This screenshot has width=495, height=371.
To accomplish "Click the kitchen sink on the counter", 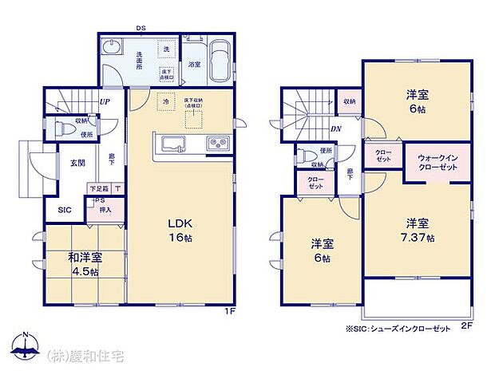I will tap(175, 144).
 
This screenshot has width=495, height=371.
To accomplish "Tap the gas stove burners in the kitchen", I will tap(217, 144).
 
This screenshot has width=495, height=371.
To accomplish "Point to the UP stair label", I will tap(104, 102).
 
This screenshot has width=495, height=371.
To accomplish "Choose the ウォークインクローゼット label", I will tap(437, 163).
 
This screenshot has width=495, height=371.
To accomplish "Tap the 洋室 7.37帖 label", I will tap(418, 231).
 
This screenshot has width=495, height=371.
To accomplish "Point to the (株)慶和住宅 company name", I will tap(82, 353).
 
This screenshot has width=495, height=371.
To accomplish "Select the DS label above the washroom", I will tap(140, 29).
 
